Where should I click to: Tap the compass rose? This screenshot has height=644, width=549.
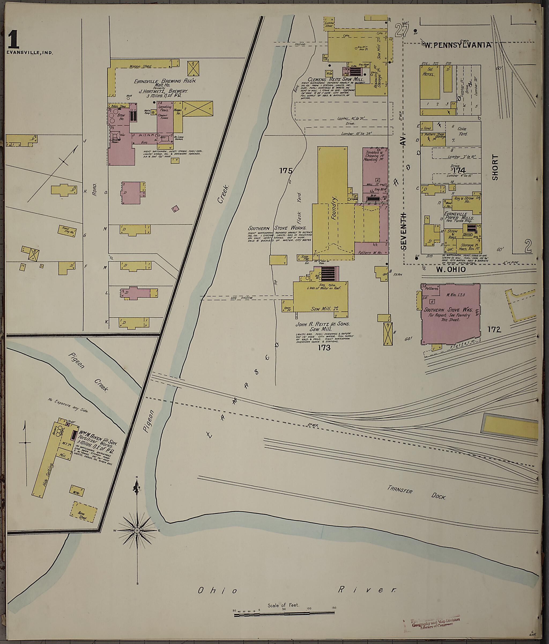point(137,530)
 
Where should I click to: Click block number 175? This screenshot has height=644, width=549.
point(286,171)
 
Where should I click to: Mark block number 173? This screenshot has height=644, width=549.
point(324,348)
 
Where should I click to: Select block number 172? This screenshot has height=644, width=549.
point(494,329)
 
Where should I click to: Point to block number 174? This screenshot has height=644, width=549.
point(459,170)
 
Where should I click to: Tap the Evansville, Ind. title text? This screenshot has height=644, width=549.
point(29,53)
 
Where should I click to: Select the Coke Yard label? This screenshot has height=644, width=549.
point(462,131)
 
